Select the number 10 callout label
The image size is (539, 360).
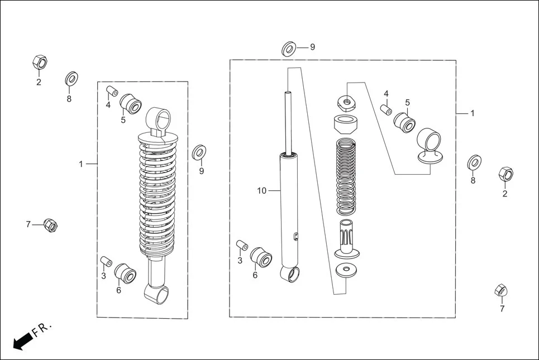(262, 191)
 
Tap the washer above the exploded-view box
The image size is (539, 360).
(288, 49)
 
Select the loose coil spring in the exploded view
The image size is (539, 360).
(346, 177)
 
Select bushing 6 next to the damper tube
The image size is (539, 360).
(261, 257)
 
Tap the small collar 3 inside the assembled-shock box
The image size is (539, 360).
(106, 261)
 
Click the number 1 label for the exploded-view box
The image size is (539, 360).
(472, 113)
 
